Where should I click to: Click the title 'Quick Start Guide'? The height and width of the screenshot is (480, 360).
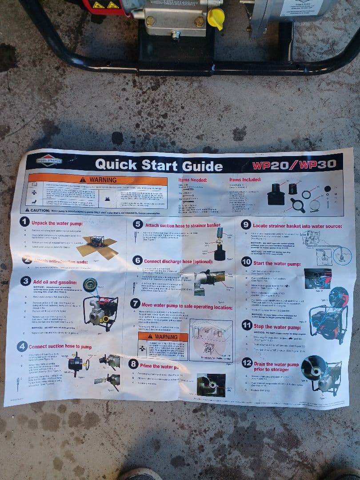coord(159,165)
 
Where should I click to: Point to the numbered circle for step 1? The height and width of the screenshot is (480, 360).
coord(25,222)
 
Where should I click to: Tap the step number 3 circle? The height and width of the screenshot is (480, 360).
coord(26,281)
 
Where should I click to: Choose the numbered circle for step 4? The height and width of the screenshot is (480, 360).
coord(22,346)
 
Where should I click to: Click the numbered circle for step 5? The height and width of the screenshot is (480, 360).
coord(138,225)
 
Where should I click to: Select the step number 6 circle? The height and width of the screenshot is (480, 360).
coord(137,260)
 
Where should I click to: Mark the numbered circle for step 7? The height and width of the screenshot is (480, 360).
coord(136,304)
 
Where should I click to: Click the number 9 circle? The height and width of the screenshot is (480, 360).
coord(246,225)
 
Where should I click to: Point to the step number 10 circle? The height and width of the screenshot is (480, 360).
coord(247,262)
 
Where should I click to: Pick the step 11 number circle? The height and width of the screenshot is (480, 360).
coord(247,326)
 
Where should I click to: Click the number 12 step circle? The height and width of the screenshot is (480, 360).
coord(247,363)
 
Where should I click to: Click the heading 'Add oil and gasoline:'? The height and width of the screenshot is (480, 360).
coord(55,282)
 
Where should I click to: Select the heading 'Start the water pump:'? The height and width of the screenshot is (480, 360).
coord(276,264)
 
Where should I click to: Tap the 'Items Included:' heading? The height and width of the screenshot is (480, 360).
coord(245,179)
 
